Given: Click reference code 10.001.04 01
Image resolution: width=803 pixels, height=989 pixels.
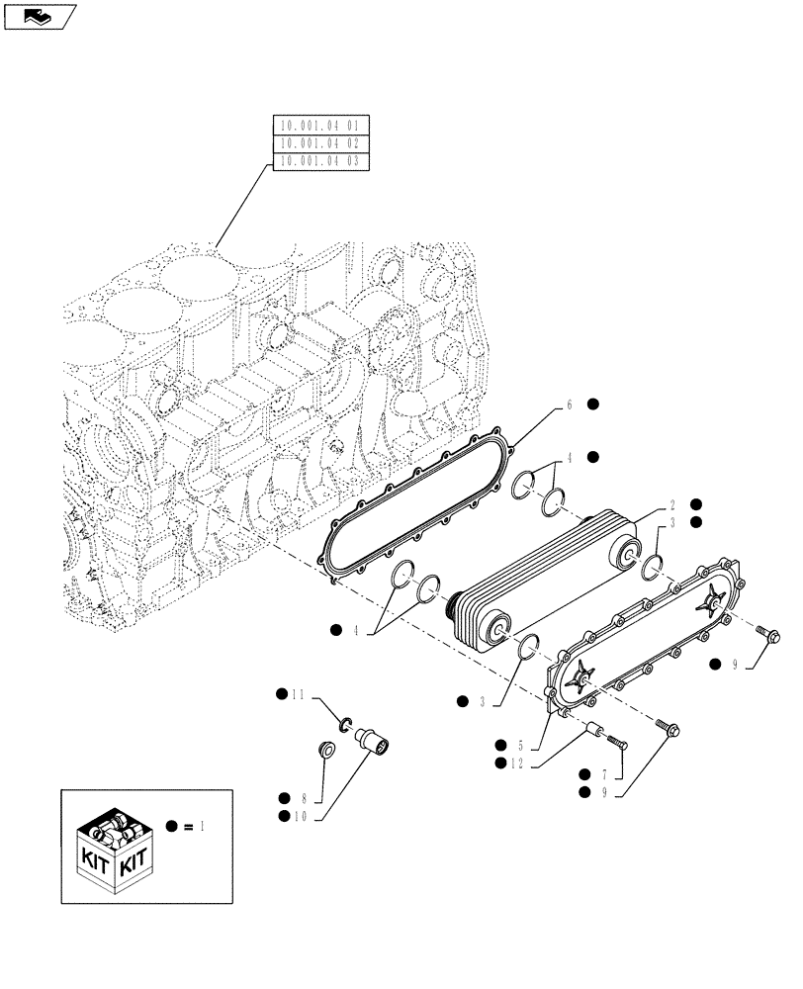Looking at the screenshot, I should (319, 126).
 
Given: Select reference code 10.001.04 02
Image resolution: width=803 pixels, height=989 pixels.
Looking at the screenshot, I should (319, 142).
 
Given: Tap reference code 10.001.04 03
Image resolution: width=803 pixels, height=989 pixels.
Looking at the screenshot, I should (319, 160).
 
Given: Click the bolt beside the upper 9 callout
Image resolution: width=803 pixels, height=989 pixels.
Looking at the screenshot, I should (767, 634).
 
